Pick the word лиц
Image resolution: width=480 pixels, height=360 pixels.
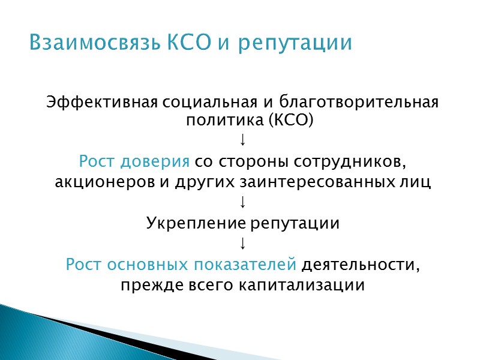(418, 182)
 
